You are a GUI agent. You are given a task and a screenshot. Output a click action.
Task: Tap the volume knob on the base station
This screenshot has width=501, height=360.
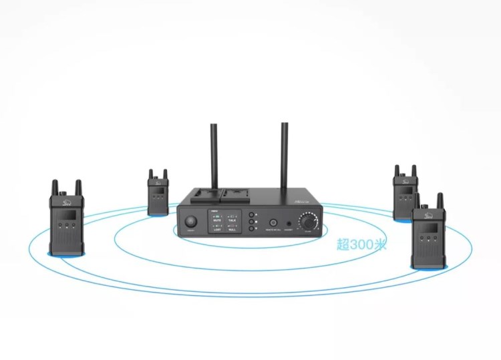[x=309, y=221]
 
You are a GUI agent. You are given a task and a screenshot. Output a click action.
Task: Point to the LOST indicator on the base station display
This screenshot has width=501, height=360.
[x=218, y=229]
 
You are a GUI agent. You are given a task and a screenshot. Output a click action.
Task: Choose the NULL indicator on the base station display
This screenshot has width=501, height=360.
[x=232, y=229]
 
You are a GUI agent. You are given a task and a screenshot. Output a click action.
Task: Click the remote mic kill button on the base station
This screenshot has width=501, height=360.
[x=273, y=223]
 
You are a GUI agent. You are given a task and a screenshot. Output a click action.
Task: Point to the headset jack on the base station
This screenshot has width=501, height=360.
[x=289, y=223]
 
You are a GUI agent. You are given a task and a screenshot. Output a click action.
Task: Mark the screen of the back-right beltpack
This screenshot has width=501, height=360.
[x=404, y=190]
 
